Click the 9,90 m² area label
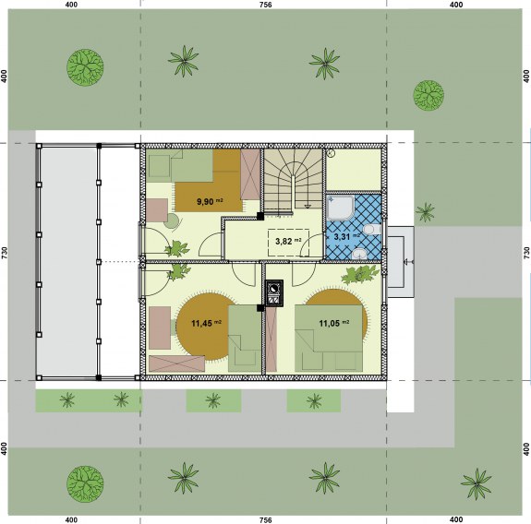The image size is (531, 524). coord(210,202)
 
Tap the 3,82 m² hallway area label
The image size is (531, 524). coord(288,241)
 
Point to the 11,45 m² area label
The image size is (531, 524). coord(206,323)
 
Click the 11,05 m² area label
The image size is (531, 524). coord(334,323)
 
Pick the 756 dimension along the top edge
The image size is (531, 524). coord(265,5)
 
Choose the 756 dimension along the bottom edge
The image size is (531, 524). coord(265,519)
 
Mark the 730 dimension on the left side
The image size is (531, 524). coord(4,253)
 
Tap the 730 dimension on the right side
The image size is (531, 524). coord(526,253)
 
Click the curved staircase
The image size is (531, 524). coord(293,180)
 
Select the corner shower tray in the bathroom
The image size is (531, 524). coord(341,208)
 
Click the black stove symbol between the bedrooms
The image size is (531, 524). coord(274,293)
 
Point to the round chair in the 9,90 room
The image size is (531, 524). coord(173,220)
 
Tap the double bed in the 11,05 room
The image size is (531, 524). coord(329,338)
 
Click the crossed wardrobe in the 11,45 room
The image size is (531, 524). coord(176,363)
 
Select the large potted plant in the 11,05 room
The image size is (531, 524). coord(359,274)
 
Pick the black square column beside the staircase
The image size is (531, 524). coord(260,216)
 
